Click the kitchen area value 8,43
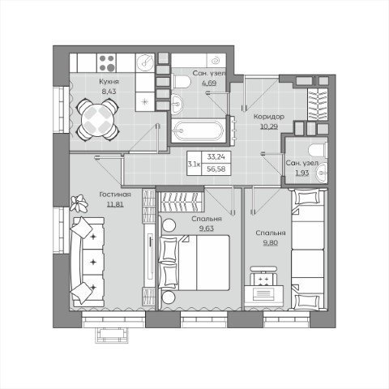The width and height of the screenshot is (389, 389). [109, 92]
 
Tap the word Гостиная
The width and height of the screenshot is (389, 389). [115, 194]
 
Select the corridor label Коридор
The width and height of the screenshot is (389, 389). [269, 117]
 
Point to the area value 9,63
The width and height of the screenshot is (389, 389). [207, 229]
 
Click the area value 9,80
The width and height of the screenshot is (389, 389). [271, 242]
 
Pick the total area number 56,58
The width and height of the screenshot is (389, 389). [216, 169]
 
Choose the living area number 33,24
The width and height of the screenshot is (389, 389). [216, 156]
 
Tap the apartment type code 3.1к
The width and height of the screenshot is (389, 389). [194, 164]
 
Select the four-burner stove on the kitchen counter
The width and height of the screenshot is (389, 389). [106, 63]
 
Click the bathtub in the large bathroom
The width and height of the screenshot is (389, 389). [199, 130]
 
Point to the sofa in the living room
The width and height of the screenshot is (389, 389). [88, 262]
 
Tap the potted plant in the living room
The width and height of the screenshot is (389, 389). [79, 203]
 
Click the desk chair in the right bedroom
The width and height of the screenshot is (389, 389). [263, 276]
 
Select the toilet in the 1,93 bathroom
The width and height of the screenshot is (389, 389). [318, 150]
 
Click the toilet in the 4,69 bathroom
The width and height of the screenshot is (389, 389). [182, 81]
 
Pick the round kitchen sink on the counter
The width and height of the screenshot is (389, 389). [145, 63]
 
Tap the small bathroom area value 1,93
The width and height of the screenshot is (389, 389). [302, 173]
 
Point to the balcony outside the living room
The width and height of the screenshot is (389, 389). [111, 336]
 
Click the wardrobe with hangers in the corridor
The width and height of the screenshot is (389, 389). [318, 104]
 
